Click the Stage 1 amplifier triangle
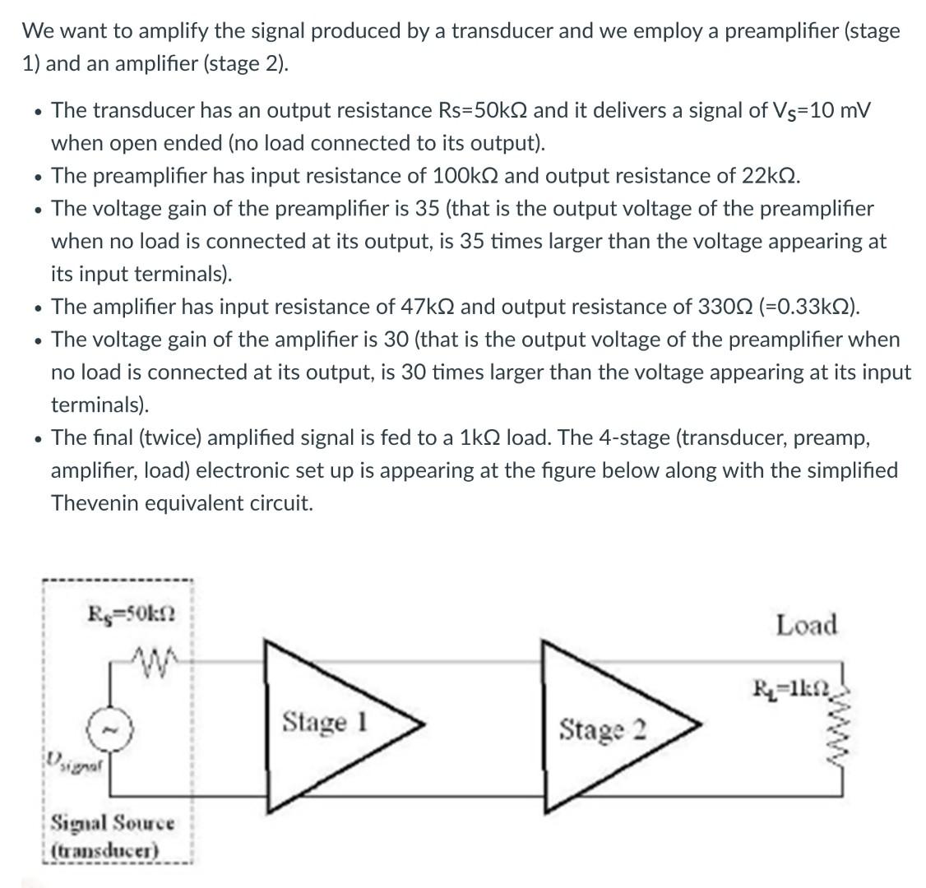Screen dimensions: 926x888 [329, 724]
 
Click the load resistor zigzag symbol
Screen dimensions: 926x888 [840, 739]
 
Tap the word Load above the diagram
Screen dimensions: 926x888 [806, 625]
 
